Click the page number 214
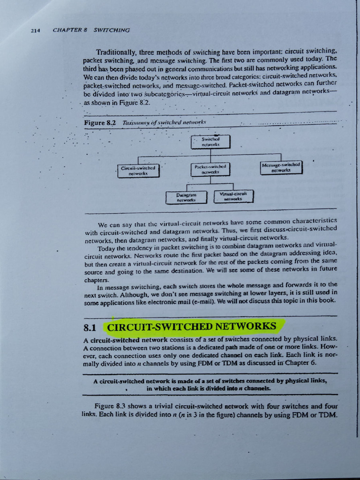(35, 31)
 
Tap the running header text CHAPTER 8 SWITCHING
(91, 30)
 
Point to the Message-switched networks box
(281, 167)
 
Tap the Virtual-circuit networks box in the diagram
(233, 195)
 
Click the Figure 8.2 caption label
(99, 123)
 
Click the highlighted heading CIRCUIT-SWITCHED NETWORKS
(192, 326)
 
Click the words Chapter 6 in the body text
(297, 362)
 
